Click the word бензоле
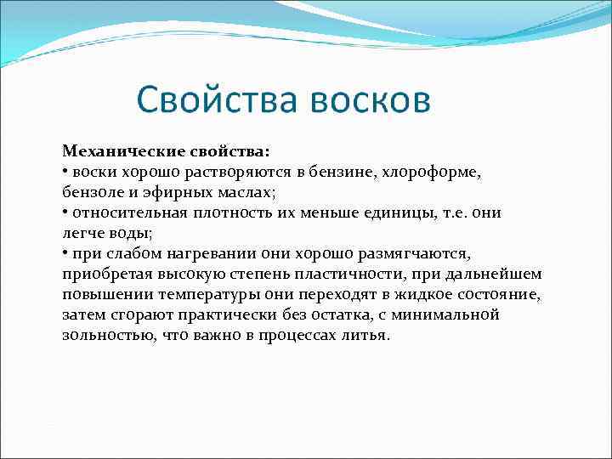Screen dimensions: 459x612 (92, 192)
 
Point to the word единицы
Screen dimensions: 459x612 (386, 212)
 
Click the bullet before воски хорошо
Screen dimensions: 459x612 (65, 172)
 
